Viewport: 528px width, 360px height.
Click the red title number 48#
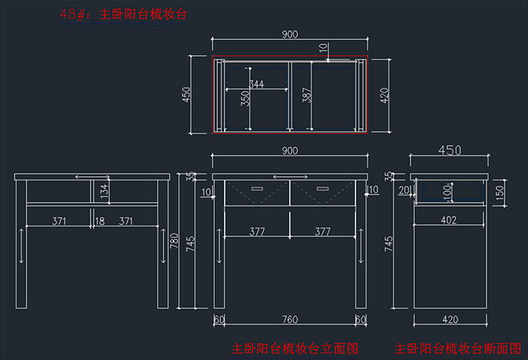click(75, 14)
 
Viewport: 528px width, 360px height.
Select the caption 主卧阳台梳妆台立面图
click(295, 349)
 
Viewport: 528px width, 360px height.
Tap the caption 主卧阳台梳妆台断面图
click(457, 349)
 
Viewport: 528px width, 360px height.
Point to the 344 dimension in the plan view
click(256, 85)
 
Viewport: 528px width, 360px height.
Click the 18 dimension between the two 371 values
click(100, 221)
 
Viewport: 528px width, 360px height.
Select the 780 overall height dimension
click(174, 242)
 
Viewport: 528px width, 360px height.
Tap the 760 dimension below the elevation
click(290, 319)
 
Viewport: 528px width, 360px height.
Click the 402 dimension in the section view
click(449, 221)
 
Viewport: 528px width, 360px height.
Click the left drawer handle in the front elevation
click(258, 189)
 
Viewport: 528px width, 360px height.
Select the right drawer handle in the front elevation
click(323, 189)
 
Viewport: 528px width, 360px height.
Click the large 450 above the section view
click(450, 150)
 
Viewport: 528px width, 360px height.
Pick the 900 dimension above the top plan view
click(290, 35)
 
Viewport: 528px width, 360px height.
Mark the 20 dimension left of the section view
click(404, 189)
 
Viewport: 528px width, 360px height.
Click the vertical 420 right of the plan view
click(385, 96)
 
